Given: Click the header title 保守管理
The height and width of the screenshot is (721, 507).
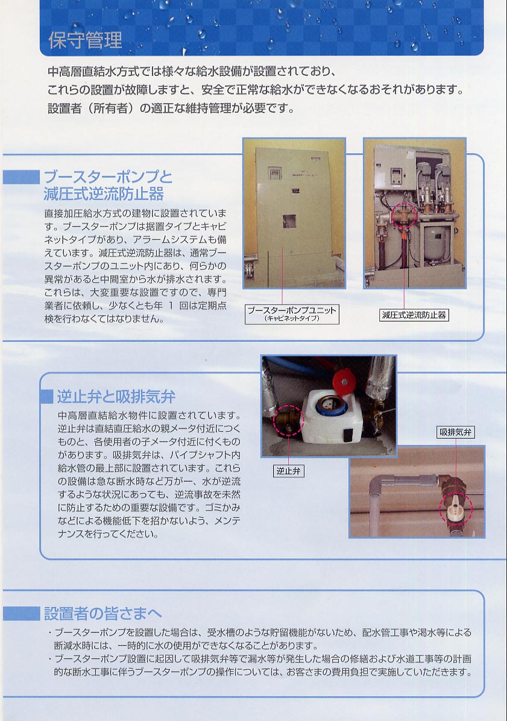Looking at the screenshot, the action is [85, 40].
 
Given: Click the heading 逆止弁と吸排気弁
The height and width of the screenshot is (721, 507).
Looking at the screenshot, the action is [116, 396].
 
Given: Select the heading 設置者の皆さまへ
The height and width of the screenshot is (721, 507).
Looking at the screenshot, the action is [103, 613].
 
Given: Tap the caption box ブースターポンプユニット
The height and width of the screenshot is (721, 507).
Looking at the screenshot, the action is [292, 313].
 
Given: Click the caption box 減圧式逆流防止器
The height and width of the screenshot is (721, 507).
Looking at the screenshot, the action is [414, 315].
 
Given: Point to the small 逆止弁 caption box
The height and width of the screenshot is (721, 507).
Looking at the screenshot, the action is [288, 471].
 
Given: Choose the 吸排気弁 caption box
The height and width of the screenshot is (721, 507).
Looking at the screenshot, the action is [455, 432].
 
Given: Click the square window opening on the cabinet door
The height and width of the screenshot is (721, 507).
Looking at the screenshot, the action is [289, 221].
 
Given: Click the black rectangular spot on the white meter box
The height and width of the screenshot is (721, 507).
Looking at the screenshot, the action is [349, 433].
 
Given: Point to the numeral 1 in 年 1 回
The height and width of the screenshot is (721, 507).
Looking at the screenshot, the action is [171, 306].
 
